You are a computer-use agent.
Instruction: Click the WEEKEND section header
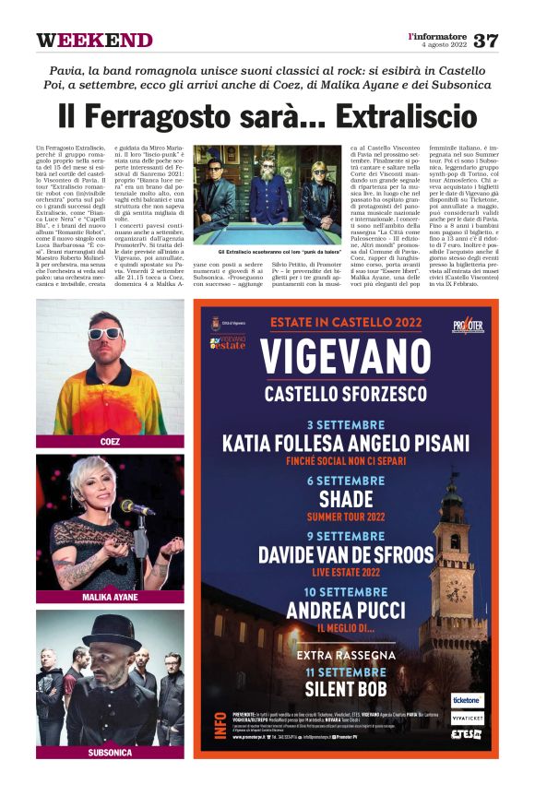(94, 41)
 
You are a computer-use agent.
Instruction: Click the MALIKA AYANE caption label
(110, 597)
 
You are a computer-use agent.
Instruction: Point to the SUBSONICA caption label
(110, 752)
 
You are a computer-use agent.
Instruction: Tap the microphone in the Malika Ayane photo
(136, 508)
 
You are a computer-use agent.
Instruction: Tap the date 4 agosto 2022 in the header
(442, 45)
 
